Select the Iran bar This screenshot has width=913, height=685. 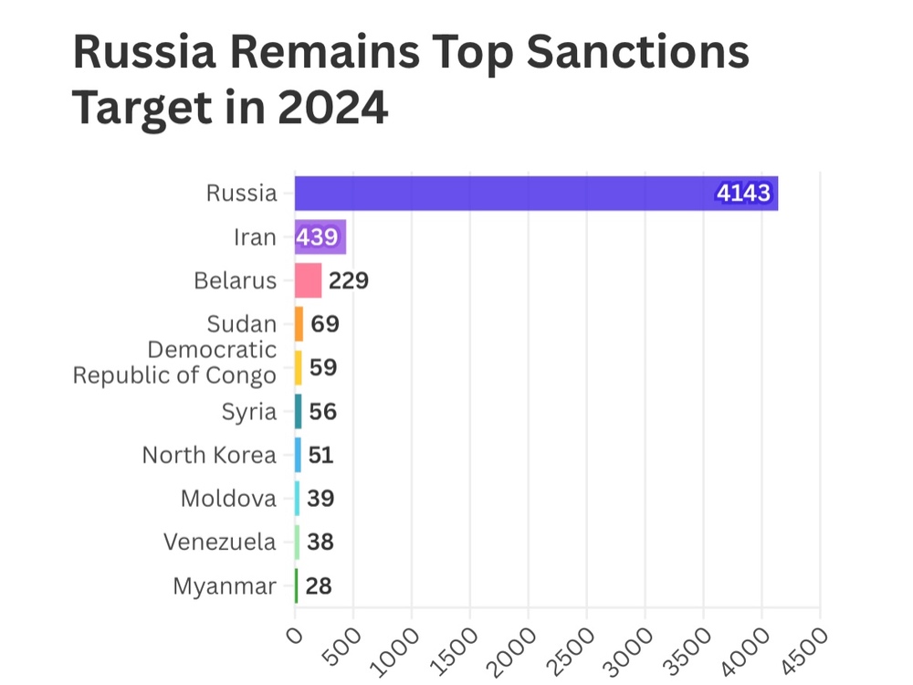[x=320, y=237]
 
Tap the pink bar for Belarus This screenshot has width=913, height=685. [x=308, y=280]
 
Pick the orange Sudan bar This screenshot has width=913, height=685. [x=299, y=324]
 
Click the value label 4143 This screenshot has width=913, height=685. [x=744, y=194]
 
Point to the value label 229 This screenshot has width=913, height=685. [x=349, y=280]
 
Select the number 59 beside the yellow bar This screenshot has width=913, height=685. [x=323, y=367]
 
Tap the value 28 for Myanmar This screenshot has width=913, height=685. [x=319, y=585]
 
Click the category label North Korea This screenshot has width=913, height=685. [x=209, y=455]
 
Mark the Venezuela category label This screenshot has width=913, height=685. [x=220, y=542]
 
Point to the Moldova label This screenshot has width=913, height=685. [x=228, y=499]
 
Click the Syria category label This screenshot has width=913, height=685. [x=249, y=412]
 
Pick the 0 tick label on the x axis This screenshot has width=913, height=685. [x=292, y=635]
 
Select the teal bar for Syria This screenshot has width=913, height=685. [x=298, y=411]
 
